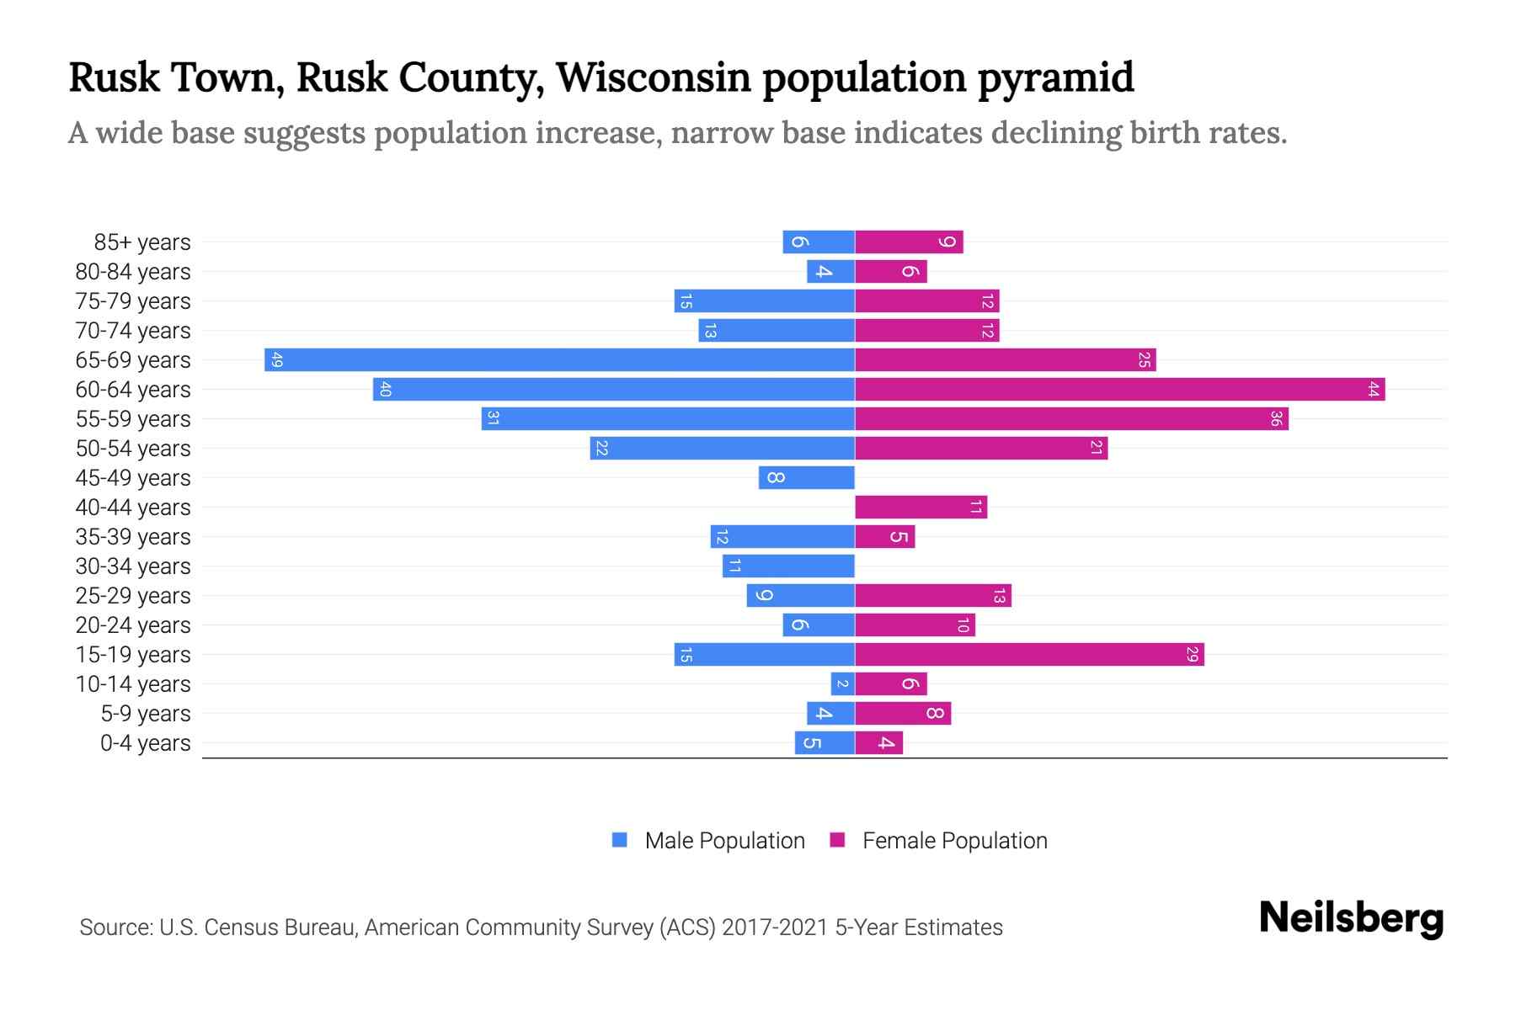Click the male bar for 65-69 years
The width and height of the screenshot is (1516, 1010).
[x=559, y=360]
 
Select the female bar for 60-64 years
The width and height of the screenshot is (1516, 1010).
[x=1119, y=390]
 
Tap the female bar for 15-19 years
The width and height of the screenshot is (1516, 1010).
[x=1029, y=655]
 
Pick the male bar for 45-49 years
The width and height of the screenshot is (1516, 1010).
[x=806, y=478]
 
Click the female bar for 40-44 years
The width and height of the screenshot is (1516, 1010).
[x=921, y=508]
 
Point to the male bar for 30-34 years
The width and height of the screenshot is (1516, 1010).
[x=788, y=566]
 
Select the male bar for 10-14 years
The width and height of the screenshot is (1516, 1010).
[x=842, y=684]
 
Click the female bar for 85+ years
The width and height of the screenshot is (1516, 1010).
[x=909, y=242]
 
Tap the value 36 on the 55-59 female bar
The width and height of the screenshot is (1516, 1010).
[x=1276, y=419]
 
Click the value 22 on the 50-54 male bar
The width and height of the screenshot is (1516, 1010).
[x=601, y=449]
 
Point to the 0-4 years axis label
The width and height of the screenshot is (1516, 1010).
[x=145, y=743]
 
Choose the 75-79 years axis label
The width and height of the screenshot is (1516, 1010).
[x=133, y=301]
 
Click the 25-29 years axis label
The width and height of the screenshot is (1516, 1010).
[x=133, y=596]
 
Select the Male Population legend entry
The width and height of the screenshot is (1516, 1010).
[x=708, y=841]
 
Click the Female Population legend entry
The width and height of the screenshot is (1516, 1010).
[x=938, y=841]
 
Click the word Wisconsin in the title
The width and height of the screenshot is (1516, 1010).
[x=653, y=77]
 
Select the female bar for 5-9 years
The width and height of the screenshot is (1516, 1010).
[x=903, y=714]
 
